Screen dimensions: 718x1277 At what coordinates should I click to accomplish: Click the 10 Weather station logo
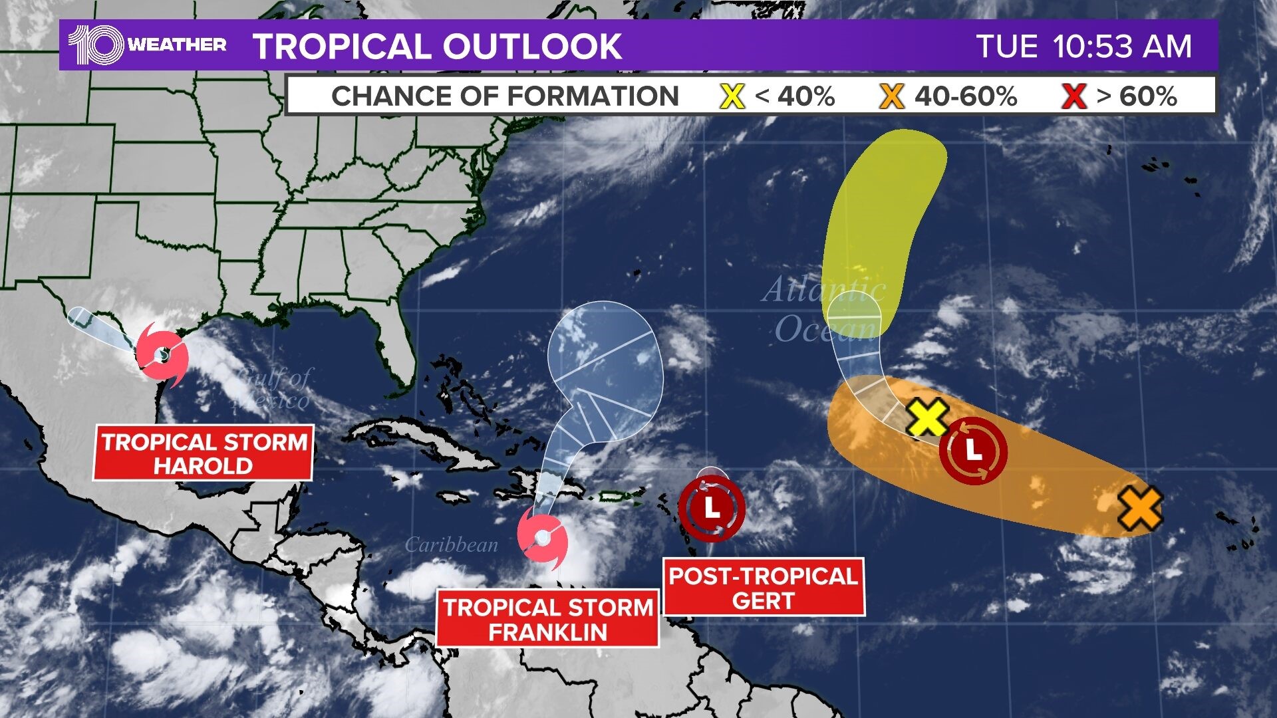click(x=147, y=45)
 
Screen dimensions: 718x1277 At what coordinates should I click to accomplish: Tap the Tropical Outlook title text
click(x=437, y=47)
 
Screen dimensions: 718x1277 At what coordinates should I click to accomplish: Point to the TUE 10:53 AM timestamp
click(x=1083, y=47)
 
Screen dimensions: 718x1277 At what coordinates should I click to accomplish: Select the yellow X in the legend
click(x=732, y=96)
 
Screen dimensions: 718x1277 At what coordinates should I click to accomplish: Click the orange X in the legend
click(x=891, y=96)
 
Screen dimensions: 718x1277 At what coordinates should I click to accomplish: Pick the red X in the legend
click(x=1073, y=96)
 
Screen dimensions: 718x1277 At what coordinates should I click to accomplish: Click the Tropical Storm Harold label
click(x=204, y=454)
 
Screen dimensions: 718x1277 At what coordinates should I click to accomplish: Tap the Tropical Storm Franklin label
click(x=548, y=619)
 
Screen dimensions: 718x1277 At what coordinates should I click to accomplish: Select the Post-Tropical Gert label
click(x=764, y=588)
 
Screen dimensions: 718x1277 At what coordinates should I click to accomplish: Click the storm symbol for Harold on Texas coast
click(x=162, y=355)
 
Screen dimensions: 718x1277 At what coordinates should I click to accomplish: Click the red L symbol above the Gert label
click(x=712, y=509)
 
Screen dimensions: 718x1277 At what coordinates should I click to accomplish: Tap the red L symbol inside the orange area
click(x=973, y=451)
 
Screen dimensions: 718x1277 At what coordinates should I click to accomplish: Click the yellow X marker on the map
click(x=928, y=418)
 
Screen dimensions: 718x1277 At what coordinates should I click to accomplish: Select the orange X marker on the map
click(x=1140, y=508)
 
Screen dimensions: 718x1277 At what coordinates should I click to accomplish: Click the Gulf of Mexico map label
click(x=273, y=389)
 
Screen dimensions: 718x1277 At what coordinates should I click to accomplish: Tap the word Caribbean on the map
click(x=451, y=545)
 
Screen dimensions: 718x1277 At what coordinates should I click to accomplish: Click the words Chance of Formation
click(x=505, y=96)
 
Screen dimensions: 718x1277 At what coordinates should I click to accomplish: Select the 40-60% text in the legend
click(x=966, y=96)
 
